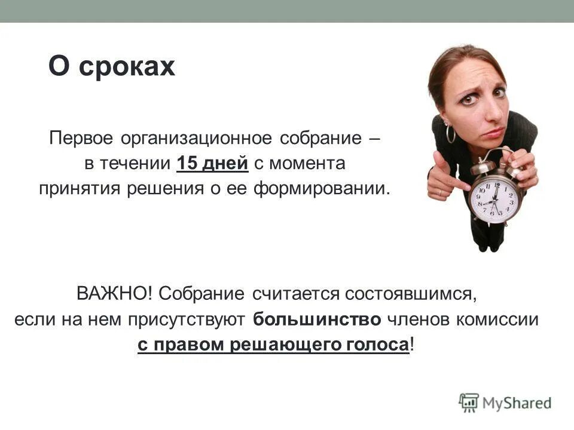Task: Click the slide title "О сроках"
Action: click(x=111, y=66)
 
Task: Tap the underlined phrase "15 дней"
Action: click(x=212, y=163)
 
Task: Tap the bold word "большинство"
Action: click(x=316, y=320)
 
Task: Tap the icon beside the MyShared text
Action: click(x=469, y=403)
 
